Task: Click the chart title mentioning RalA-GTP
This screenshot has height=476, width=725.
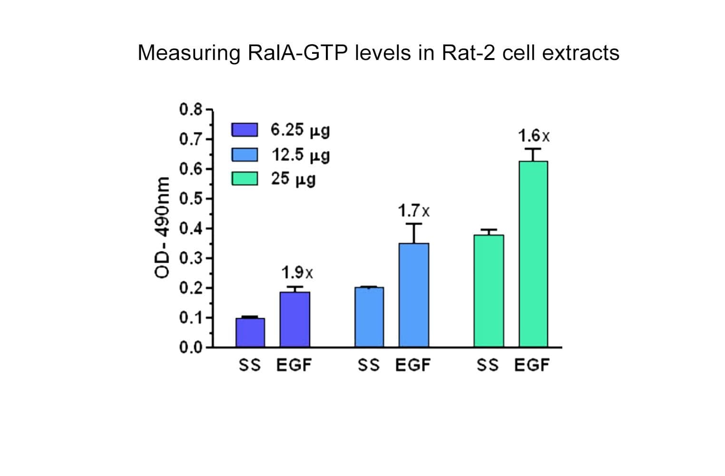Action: (378, 52)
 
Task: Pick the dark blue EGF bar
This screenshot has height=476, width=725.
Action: (294, 319)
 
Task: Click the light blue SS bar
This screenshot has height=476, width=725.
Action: (369, 317)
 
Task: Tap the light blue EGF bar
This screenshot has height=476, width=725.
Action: (413, 295)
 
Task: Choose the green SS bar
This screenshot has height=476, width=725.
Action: (489, 290)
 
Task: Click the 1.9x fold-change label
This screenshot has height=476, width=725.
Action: (297, 273)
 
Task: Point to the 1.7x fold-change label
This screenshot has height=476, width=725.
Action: (413, 210)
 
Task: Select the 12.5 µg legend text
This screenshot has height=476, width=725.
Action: (300, 155)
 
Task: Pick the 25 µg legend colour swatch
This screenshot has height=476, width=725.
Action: (245, 178)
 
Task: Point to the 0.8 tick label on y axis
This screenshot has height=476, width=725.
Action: (191, 109)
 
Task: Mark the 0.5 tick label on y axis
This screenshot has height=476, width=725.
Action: (191, 198)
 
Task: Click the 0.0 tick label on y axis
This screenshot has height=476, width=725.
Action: (191, 347)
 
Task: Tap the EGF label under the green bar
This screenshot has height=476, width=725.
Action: (532, 365)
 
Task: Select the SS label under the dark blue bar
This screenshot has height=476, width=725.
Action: (250, 365)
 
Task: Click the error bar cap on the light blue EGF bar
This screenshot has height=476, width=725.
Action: (414, 224)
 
